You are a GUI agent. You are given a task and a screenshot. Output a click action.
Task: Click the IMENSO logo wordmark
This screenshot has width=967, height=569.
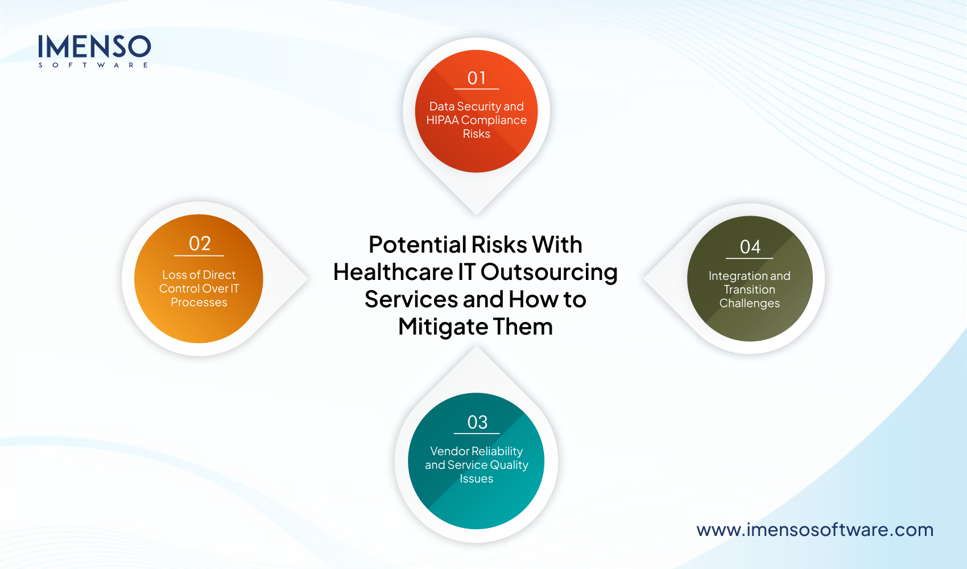tap(94, 47)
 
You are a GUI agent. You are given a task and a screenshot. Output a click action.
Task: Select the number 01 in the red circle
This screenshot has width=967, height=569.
tap(477, 78)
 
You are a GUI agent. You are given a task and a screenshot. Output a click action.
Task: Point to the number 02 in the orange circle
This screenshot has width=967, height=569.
tap(200, 244)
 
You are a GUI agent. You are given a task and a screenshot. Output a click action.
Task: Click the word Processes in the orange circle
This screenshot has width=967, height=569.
tap(199, 302)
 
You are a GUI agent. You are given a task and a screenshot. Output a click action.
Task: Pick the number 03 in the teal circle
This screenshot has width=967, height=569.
tap(477, 422)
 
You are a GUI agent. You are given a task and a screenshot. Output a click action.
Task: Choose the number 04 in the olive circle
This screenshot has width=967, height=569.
tap(750, 247)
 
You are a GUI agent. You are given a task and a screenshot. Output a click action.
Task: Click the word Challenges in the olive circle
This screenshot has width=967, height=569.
tap(750, 303)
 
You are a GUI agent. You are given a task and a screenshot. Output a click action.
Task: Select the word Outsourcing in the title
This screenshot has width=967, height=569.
tap(549, 272)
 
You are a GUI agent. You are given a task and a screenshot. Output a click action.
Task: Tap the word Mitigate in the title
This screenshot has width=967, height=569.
tap(442, 327)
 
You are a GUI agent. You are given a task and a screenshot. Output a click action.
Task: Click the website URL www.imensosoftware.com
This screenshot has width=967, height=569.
tap(815, 530)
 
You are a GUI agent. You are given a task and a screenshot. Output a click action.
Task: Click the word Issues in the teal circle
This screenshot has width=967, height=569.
tap(477, 479)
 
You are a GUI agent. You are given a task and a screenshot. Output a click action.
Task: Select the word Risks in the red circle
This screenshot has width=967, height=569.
tap(477, 134)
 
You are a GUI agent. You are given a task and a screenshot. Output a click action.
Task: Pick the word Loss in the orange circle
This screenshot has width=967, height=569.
tap(174, 275)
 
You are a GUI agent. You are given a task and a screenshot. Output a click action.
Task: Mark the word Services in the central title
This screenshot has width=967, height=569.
tap(411, 299)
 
